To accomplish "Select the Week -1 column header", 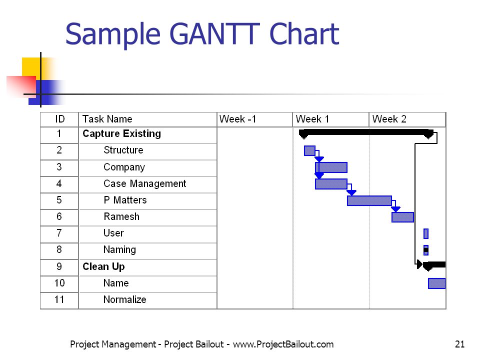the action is tap(254, 119).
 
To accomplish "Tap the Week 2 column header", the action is tap(407, 119).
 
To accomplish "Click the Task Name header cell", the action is tap(147, 119).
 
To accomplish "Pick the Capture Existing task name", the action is tap(121, 134).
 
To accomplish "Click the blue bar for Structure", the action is tap(309, 150).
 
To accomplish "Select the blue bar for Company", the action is tap(331, 167).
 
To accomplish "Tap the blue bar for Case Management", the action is tap(331, 184).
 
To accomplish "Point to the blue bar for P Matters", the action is tap(369, 200).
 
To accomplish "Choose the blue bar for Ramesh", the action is tap(402, 217).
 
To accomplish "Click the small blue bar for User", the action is tap(426, 233).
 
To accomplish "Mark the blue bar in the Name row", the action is tap(437, 283).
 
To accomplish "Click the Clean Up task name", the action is tap(103, 266).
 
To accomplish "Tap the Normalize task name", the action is tap(124, 299).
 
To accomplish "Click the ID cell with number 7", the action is tap(59, 233).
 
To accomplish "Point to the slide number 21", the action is tap(460, 344).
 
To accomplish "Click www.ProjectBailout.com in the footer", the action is tap(283, 344).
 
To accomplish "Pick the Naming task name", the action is tap(119, 250).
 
